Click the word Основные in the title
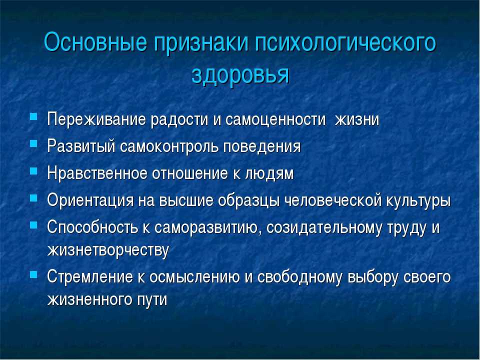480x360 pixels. (x=95, y=42)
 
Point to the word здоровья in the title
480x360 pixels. (x=240, y=75)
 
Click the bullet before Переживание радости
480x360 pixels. (x=33, y=116)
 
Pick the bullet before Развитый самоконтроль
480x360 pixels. (x=33, y=143)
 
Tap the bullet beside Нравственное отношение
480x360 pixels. (x=33, y=170)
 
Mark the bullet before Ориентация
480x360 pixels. (x=33, y=198)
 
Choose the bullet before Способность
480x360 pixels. (x=33, y=225)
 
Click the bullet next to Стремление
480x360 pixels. (x=33, y=274)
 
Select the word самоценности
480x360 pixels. (x=275, y=120)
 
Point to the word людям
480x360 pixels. (x=269, y=174)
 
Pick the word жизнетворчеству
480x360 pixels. (x=108, y=251)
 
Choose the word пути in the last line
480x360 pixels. (x=152, y=300)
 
